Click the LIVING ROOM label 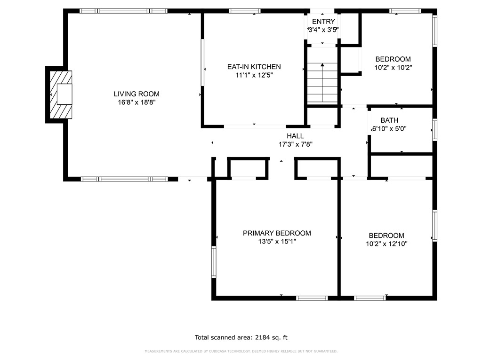(137, 94)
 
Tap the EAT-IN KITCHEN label (254, 67)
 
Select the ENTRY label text (323, 22)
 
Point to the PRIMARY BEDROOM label (277, 233)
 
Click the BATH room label (389, 120)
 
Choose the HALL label (296, 136)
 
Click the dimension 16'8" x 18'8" (137, 102)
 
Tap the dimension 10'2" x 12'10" (387, 244)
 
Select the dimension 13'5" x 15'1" (277, 241)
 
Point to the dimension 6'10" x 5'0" (389, 129)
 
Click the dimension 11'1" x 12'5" (254, 75)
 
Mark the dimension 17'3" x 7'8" (296, 144)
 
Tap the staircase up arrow (322, 82)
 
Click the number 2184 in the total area (263, 337)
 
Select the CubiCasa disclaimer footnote (241, 351)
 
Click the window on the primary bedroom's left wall (214, 262)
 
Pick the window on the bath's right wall (434, 130)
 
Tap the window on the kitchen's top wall (245, 11)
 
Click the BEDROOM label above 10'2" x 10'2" (393, 59)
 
